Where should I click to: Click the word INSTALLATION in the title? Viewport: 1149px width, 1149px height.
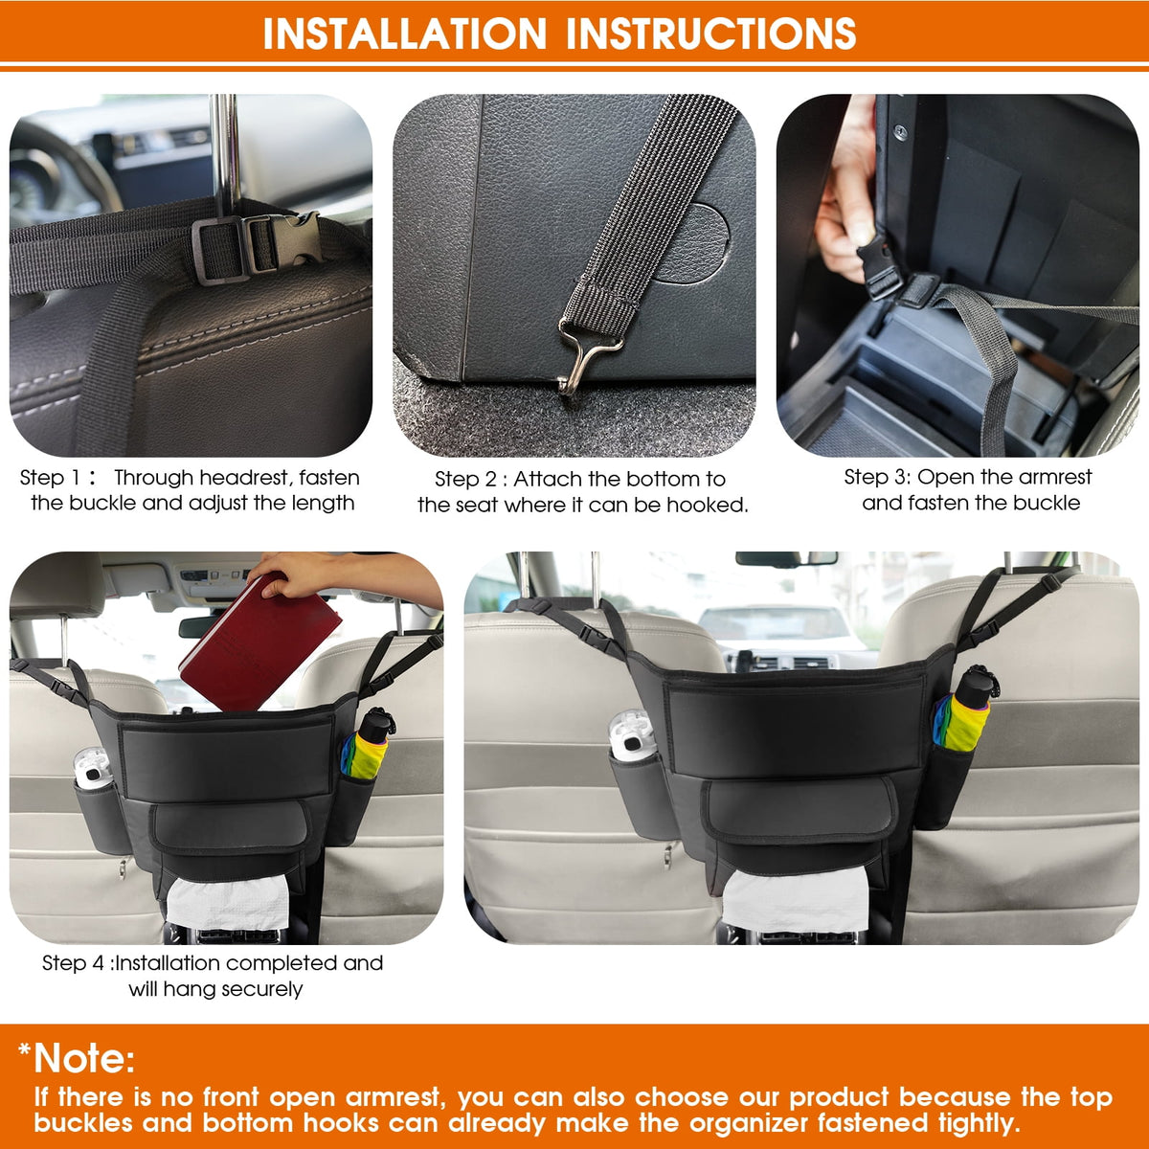(404, 33)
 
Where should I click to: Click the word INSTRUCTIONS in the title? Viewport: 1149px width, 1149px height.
(710, 33)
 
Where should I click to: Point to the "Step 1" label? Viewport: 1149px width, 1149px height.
(50, 478)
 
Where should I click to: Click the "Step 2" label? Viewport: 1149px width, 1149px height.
(465, 479)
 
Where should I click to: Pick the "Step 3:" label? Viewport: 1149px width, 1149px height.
(876, 477)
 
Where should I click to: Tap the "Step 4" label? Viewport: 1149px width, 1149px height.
(73, 963)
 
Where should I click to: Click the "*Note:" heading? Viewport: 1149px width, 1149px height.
(77, 1058)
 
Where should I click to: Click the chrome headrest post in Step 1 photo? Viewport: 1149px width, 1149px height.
(226, 156)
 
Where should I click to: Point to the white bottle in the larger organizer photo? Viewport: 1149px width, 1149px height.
(632, 735)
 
